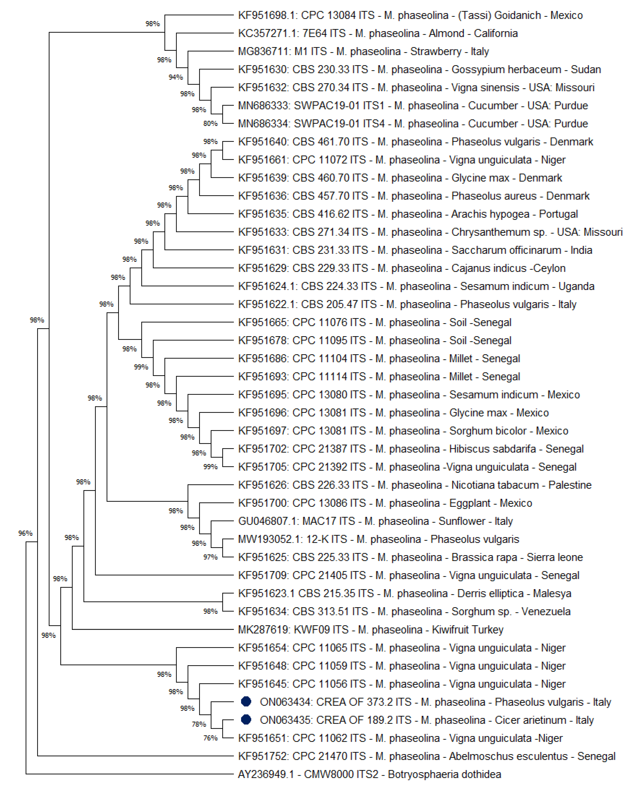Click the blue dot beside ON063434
[246, 702]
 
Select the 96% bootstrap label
[25, 533]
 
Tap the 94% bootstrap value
[176, 77]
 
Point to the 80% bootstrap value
[210, 123]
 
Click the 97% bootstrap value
[210, 557]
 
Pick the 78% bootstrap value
[199, 724]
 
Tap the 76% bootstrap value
[210, 738]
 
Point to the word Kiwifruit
[454, 630]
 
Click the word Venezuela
[546, 611]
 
